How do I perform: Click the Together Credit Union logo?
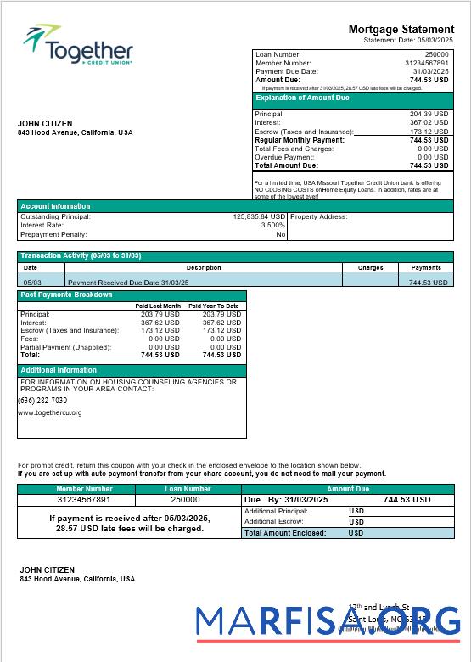click(x=78, y=48)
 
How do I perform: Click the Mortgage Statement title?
click(x=401, y=30)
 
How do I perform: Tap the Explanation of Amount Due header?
click(x=303, y=98)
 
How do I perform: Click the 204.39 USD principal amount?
click(x=429, y=114)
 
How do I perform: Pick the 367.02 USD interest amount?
click(x=429, y=122)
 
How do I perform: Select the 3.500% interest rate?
click(x=272, y=225)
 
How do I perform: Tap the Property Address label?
click(x=318, y=216)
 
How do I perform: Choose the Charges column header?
click(x=370, y=267)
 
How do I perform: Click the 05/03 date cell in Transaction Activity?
click(x=32, y=282)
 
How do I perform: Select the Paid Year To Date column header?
click(x=213, y=306)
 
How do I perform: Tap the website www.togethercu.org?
click(x=50, y=412)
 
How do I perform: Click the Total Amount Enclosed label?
click(x=286, y=533)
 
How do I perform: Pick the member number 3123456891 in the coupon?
click(x=84, y=500)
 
